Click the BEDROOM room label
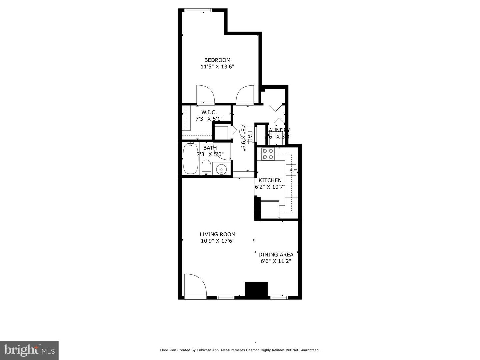point(217,60)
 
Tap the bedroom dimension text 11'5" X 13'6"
point(217,67)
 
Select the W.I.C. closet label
point(209,112)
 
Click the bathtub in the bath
point(190,159)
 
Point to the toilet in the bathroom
point(206,168)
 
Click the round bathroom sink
point(221,170)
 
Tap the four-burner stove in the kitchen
point(268,154)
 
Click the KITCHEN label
point(270,180)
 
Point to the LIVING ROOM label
point(217,234)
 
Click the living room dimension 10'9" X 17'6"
point(217,241)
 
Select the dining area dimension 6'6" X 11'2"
point(276,261)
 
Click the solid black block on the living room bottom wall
point(256,289)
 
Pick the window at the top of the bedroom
point(200,10)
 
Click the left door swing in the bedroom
point(205,95)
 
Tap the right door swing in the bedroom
point(245,95)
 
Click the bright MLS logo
point(29,350)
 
